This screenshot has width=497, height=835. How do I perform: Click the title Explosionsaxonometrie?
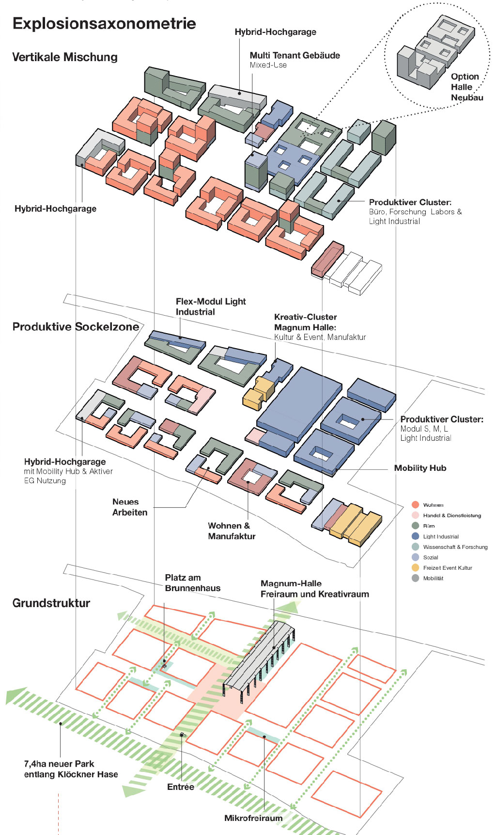coord(104,23)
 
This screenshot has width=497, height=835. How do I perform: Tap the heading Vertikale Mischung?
coord(65,57)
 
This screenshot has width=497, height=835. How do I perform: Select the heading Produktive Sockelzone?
coord(76,327)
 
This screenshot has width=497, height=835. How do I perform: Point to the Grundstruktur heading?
coord(51,603)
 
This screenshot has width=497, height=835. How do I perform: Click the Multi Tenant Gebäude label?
coord(295,56)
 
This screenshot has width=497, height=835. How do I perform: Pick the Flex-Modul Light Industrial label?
coord(210,306)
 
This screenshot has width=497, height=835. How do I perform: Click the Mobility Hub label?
coord(420,468)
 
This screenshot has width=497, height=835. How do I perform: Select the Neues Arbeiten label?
coord(129,507)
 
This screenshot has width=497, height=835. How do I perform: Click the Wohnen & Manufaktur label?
coord(231,531)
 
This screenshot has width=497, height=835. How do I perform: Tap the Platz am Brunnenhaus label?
coord(192,583)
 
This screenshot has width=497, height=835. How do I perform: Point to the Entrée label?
coord(180,787)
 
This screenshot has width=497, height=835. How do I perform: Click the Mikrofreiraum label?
coord(253,818)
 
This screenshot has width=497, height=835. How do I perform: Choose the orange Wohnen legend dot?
coord(415,505)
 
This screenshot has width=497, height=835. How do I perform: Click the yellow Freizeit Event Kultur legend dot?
coord(415,568)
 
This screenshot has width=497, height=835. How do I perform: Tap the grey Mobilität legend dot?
coord(415,578)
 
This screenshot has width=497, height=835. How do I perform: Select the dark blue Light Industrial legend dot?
coord(415,536)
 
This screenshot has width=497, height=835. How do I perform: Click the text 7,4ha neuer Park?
coord(59,764)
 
